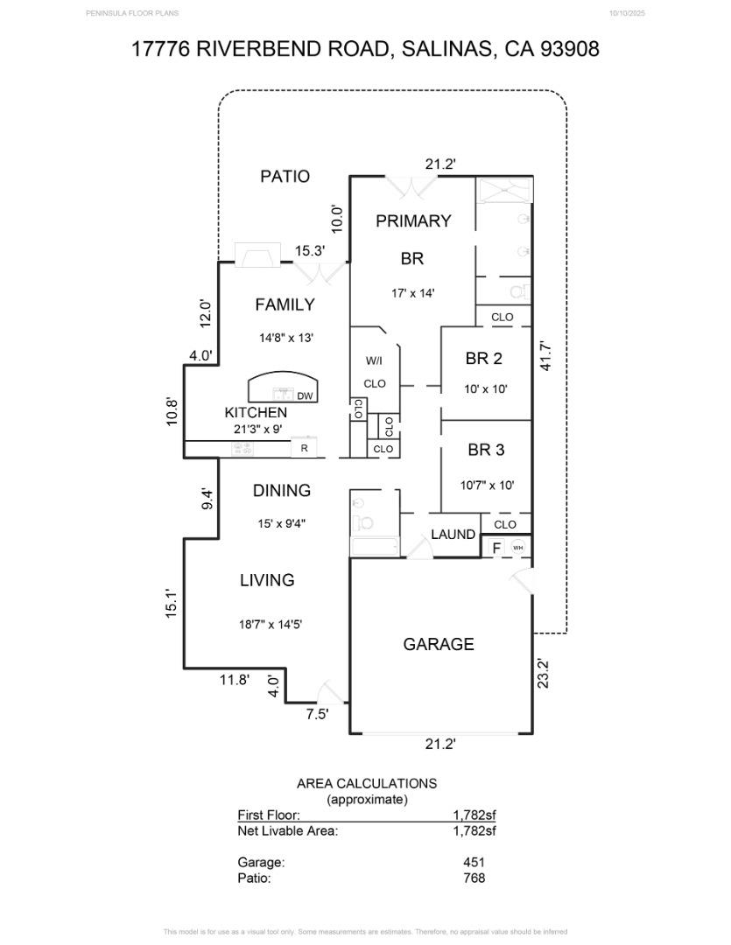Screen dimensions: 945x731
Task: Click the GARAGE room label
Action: coord(439,645)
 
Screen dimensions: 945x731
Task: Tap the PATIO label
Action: coord(285,177)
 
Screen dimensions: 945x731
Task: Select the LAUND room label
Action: coord(453,535)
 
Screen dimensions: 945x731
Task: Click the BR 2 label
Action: coord(483,359)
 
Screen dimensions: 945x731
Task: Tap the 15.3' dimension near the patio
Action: coord(309,251)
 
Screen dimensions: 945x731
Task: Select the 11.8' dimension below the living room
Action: coord(234,679)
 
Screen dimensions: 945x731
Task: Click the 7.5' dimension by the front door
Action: coord(317,714)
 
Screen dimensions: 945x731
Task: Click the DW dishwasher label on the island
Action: coord(305,396)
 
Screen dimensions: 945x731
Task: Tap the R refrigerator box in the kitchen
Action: coord(304,449)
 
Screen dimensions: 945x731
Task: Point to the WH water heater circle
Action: coord(517,548)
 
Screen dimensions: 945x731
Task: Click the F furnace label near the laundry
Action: coord(496,549)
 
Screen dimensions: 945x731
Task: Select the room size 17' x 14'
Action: coord(413,294)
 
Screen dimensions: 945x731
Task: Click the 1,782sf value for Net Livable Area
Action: coord(474,831)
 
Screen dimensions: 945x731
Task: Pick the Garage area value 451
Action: coord(474,862)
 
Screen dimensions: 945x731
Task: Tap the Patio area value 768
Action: coord(474,878)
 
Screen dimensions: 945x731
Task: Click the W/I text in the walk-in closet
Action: coord(374,360)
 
